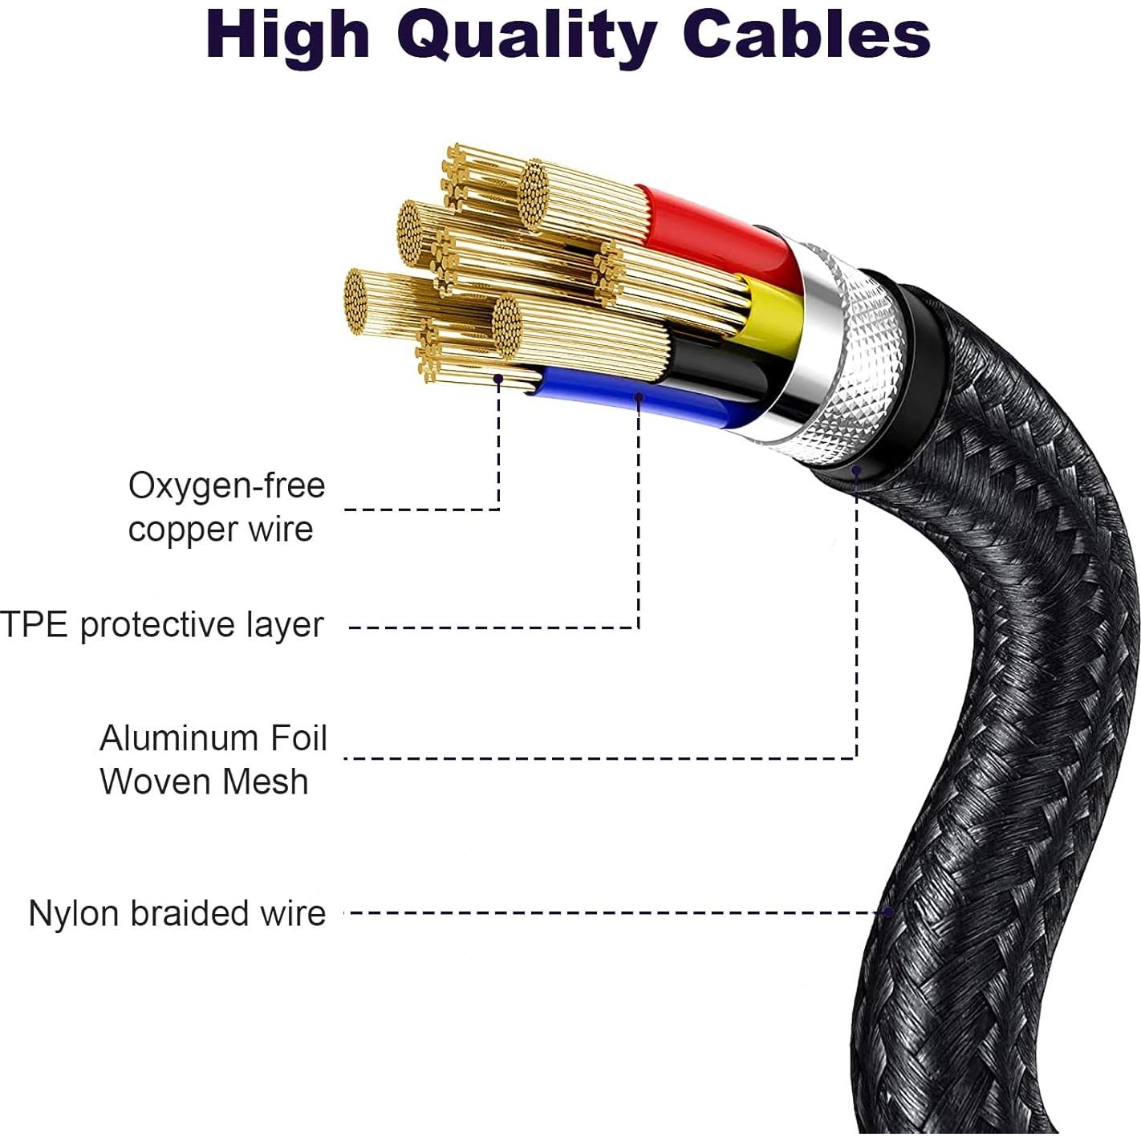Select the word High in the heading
(x=288, y=35)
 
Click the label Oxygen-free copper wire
(x=226, y=507)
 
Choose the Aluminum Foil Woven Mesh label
(x=213, y=759)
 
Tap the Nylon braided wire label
(x=177, y=913)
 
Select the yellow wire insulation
(x=770, y=317)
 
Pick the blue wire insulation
(x=642, y=401)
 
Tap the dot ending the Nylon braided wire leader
(x=888, y=912)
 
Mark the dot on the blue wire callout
(x=639, y=396)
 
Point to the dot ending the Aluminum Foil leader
(x=856, y=470)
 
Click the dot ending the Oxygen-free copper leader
(x=498, y=378)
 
